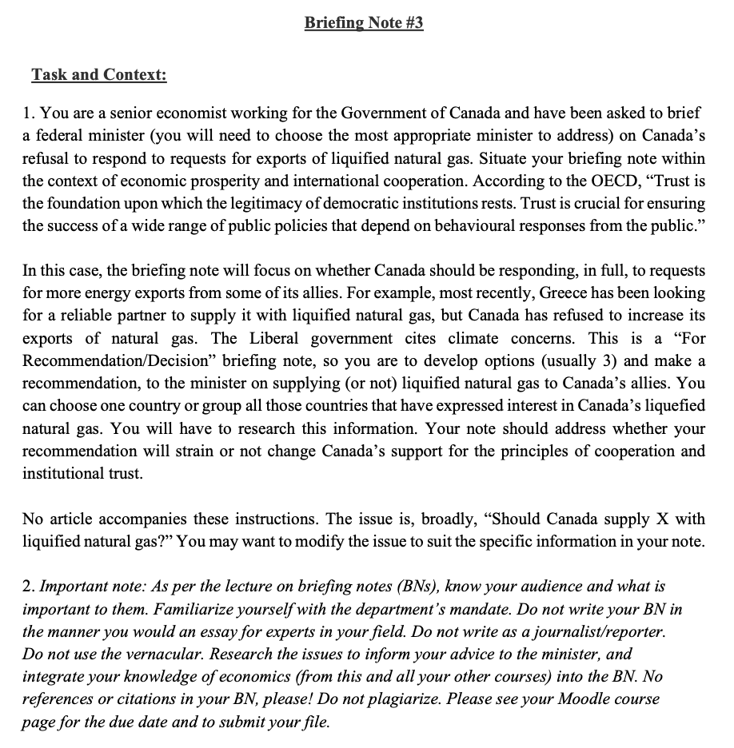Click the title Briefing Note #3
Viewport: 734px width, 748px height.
point(364,23)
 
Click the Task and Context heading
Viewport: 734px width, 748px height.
point(99,75)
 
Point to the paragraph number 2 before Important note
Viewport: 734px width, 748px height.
point(26,587)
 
